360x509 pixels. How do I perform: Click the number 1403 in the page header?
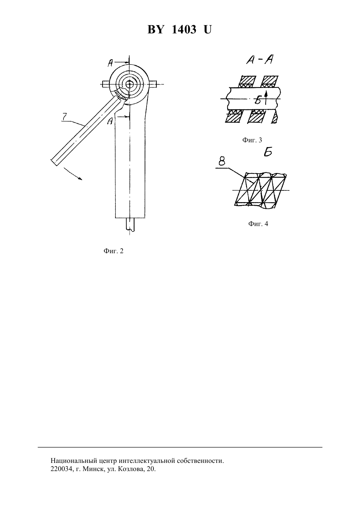click(184, 29)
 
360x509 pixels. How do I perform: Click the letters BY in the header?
click(155, 29)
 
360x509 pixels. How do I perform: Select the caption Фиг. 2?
click(114, 251)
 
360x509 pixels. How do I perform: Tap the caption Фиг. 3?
click(252, 140)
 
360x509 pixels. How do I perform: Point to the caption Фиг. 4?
click(258, 224)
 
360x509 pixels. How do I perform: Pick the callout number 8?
click(222, 162)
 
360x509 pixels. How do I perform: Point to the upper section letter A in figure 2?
click(111, 63)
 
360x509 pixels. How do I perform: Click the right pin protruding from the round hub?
click(153, 84)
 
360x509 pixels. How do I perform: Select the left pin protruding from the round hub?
click(106, 84)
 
